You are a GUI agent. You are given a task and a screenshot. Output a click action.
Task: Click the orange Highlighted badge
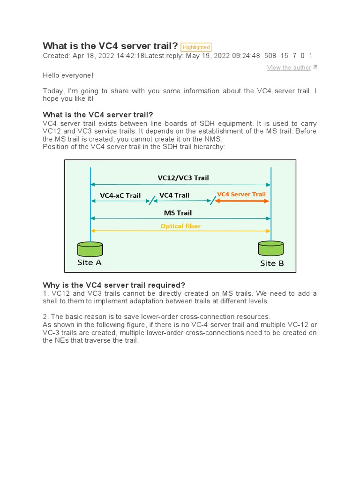195,47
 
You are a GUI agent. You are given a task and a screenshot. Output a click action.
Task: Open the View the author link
289,67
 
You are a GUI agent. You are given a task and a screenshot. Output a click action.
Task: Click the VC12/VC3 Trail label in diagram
183,178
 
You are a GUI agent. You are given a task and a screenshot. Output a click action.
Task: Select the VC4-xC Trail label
120,195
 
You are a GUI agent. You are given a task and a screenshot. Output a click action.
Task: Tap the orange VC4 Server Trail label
241,194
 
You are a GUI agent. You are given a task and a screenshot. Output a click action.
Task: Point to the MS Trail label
178,213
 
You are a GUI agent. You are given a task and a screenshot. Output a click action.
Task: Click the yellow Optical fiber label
180,226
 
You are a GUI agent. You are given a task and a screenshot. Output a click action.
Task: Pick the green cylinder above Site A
90,249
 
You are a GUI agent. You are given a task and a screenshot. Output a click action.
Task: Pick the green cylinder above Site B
271,248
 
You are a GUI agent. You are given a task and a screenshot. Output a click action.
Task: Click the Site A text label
89,262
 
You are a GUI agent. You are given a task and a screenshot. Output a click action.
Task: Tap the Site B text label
272,263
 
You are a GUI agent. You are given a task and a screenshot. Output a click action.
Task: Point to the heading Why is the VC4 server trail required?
114,285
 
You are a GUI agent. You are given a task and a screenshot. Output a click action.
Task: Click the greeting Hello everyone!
68,75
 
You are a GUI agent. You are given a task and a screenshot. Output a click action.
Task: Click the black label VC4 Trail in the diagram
174,195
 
